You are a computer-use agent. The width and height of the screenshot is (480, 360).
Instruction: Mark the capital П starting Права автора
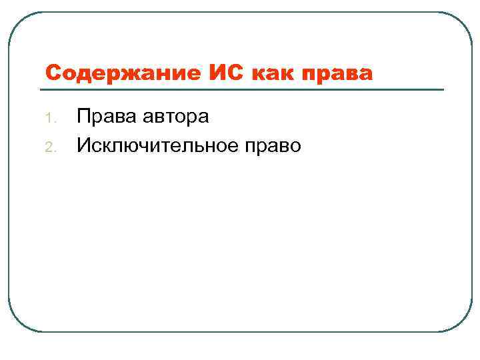point(83,117)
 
